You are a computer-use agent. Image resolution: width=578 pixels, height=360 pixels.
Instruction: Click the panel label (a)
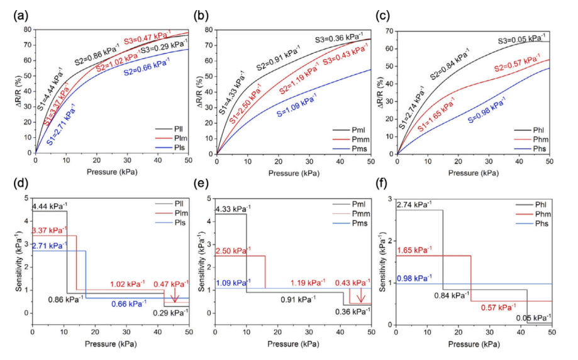21,14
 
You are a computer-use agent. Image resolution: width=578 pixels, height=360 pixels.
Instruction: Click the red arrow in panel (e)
361,296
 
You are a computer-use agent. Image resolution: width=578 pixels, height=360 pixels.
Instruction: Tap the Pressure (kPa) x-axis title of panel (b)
294,171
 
